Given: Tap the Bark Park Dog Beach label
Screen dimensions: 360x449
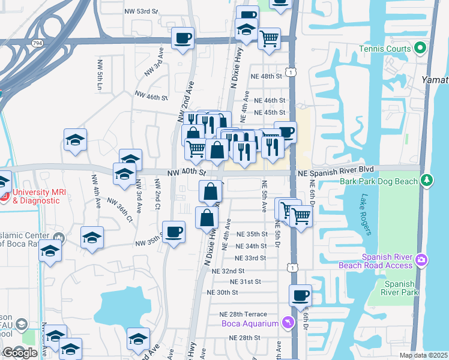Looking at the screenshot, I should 379,181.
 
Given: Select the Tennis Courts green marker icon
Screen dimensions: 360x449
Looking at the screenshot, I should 420,49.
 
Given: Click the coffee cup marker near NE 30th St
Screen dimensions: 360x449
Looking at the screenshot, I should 300,295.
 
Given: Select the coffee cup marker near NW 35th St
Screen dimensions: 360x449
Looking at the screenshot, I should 174,232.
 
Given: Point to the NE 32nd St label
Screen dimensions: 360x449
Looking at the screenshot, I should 228,271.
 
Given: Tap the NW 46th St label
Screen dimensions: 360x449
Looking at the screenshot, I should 151,97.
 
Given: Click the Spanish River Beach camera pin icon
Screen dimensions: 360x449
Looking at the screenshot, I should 421,260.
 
